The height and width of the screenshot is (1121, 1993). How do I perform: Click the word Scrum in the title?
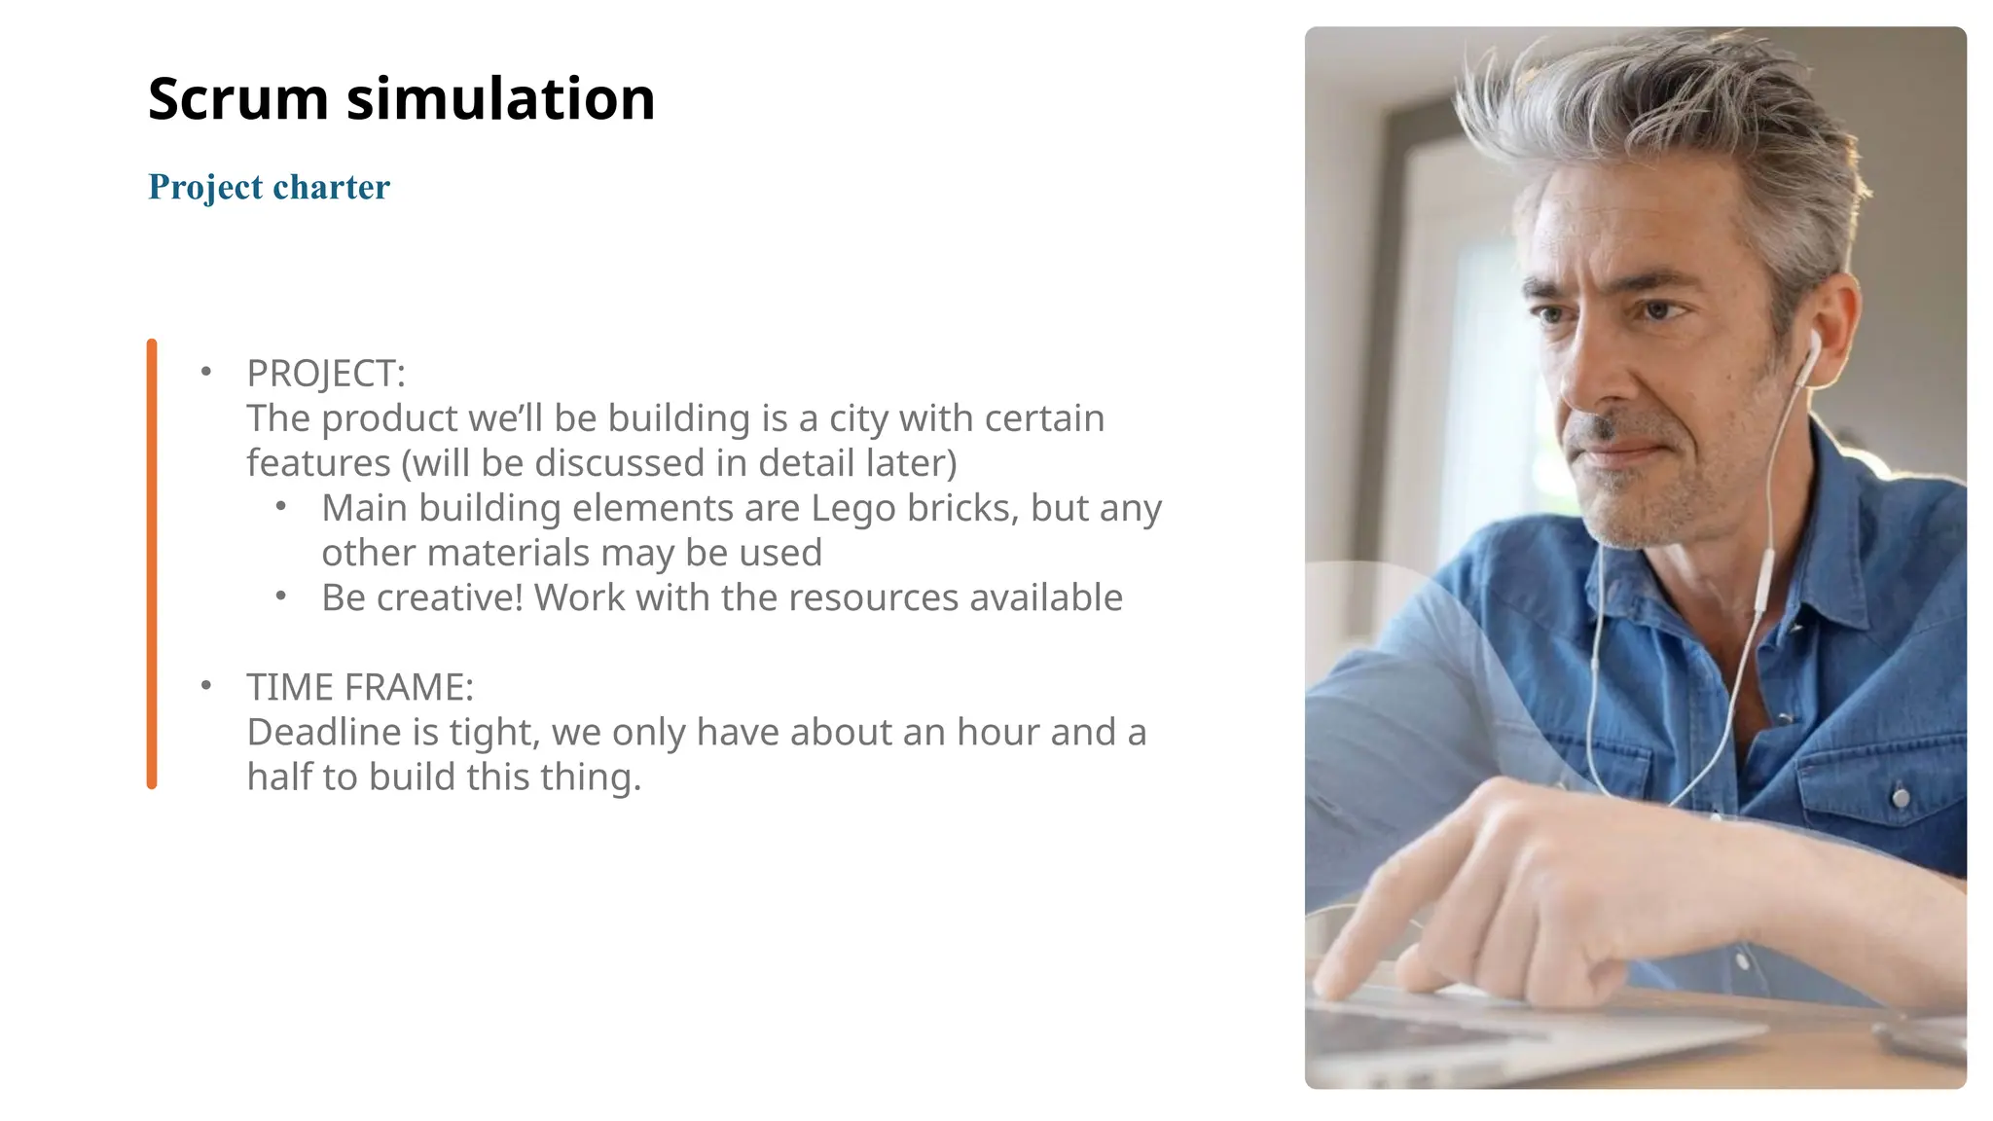point(238,99)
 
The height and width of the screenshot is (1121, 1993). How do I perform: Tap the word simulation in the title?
point(500,99)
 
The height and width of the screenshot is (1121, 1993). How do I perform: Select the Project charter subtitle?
point(269,187)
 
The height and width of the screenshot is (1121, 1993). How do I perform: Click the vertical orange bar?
point(152,563)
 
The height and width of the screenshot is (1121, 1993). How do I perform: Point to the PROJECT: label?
point(326,374)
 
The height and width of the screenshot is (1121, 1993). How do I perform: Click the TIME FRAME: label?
point(360,687)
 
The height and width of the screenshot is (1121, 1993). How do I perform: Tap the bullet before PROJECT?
point(205,372)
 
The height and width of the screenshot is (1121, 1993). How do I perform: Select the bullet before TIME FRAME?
point(205,685)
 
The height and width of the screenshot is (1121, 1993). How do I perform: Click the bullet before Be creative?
point(280,596)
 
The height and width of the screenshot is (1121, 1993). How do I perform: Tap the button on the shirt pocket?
point(1900,798)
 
